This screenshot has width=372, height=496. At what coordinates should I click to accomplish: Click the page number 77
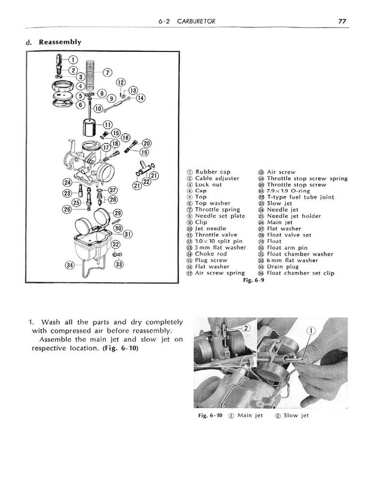click(342, 21)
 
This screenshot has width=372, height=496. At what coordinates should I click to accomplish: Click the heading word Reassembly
click(60, 42)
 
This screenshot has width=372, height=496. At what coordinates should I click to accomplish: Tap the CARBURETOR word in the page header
click(196, 21)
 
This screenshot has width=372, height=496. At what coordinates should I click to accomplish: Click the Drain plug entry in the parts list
click(282, 266)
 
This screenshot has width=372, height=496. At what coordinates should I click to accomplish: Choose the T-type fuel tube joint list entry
click(300, 197)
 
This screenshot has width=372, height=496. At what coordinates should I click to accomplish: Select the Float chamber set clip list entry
click(300, 273)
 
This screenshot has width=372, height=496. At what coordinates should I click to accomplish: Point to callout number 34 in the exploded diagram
click(70, 265)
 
